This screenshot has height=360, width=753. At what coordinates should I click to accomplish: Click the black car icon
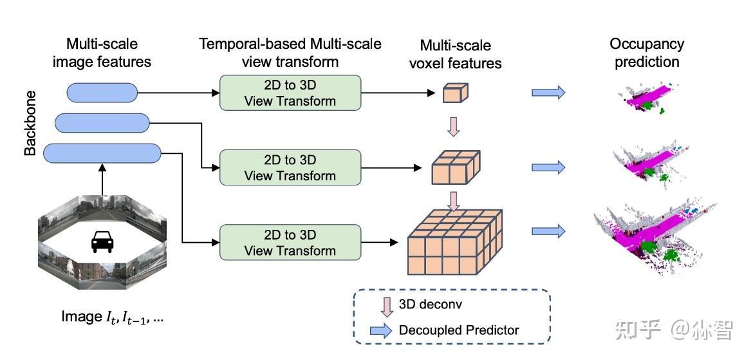point(102,242)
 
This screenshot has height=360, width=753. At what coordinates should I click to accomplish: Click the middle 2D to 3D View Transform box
point(290,167)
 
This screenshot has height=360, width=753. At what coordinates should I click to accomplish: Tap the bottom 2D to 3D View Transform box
point(290,242)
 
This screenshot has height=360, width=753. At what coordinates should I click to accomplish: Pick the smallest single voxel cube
point(453,94)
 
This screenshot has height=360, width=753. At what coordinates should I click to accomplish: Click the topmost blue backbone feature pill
point(102,92)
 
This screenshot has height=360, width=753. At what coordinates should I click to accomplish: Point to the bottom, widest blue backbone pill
point(102,153)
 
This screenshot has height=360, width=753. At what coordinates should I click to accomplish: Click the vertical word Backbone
point(30,122)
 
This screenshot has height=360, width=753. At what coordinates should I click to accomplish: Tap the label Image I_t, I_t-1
point(113,317)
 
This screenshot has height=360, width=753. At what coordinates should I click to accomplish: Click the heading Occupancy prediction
point(647,53)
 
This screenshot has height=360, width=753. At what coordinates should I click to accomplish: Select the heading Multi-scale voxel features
point(456,54)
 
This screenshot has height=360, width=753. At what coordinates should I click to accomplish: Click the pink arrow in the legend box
point(386,307)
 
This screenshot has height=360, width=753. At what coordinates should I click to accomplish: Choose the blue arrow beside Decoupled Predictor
point(380,330)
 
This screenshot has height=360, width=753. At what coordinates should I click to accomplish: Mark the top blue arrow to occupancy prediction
point(548,93)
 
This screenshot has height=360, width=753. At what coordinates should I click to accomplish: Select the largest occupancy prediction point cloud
point(650,235)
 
